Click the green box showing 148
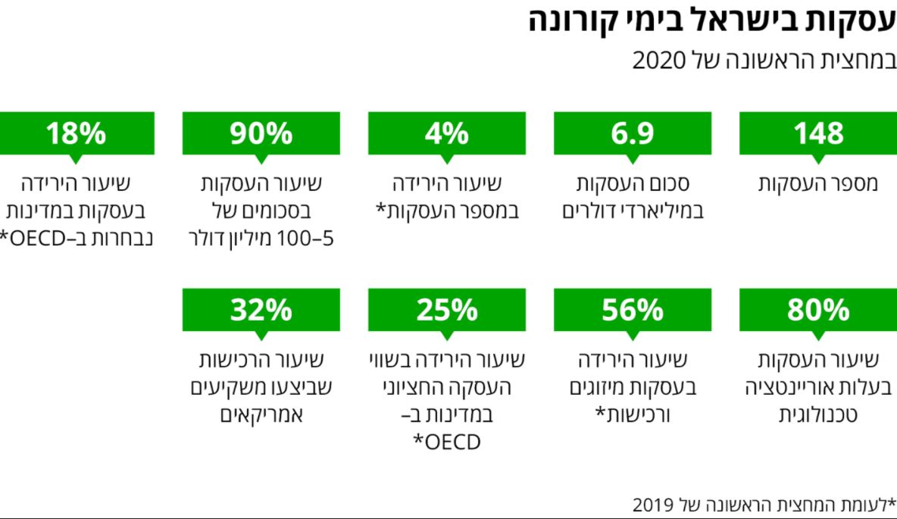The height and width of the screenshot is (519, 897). point(818,133)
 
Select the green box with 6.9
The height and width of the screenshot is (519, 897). point(633,133)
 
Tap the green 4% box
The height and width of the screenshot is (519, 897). point(447,133)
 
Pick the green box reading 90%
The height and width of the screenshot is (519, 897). point(261,133)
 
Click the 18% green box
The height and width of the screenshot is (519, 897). point(76,133)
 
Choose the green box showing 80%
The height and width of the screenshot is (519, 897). point(818,310)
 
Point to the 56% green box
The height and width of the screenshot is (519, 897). point(633,310)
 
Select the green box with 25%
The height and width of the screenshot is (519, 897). point(447,310)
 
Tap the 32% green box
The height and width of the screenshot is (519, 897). point(261,310)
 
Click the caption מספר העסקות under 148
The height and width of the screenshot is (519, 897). point(818,184)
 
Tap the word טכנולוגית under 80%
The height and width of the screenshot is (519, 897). point(818,415)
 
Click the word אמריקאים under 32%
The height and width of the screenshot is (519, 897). point(261,415)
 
